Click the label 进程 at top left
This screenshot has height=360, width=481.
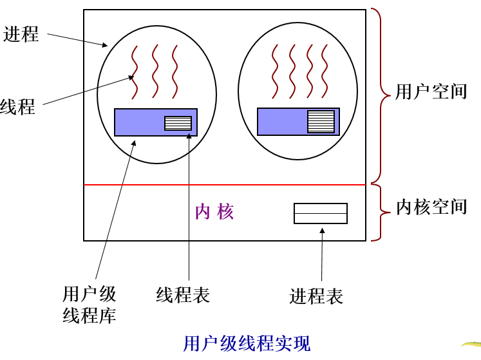(21, 33)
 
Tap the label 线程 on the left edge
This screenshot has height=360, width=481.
(17, 107)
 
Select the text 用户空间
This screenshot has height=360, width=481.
(431, 91)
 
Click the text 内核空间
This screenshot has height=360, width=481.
(431, 207)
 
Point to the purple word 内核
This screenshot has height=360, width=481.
(214, 212)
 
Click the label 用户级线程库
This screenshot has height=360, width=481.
(90, 305)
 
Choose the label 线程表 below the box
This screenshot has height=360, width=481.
(183, 295)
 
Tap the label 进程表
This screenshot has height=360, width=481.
(316, 296)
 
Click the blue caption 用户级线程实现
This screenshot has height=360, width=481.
(247, 343)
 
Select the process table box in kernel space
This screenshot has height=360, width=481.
(320, 213)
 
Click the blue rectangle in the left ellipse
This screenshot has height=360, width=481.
(138, 122)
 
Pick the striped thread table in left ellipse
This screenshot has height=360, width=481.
(178, 123)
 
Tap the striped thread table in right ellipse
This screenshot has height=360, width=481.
(321, 122)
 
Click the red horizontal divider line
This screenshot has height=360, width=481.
(225, 185)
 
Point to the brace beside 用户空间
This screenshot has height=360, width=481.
(382, 97)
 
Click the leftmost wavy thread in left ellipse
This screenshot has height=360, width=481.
(135, 71)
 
